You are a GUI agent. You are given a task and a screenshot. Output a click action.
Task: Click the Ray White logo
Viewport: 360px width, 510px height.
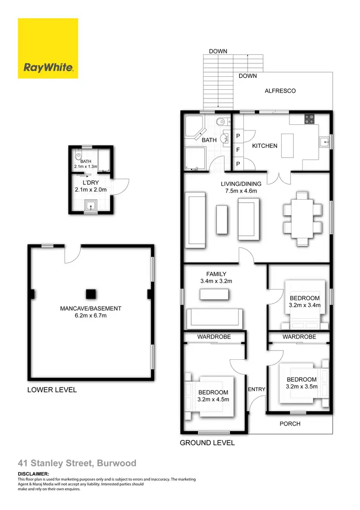coord(48,49)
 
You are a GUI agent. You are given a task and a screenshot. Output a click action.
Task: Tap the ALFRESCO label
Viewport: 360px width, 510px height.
coord(280,91)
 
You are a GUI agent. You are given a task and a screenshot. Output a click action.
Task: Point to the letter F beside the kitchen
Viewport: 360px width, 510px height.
coord(238,150)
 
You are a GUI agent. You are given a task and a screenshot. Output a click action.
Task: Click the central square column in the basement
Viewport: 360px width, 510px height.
coord(90,294)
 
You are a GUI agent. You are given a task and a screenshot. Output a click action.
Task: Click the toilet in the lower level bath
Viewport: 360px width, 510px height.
coord(78,156)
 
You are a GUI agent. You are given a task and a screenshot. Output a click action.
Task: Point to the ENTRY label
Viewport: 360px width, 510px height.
coord(256,389)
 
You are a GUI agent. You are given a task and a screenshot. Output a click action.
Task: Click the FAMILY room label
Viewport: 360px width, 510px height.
coord(216,274)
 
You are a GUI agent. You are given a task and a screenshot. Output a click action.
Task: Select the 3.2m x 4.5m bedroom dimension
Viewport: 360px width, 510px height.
coord(214,399)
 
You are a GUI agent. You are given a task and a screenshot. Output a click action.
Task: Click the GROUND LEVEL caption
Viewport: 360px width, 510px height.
coord(207,443)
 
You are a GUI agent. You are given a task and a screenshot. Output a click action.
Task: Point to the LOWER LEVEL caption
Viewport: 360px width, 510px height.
coord(52,390)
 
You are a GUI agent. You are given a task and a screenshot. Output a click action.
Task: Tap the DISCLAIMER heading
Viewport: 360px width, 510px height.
coord(33,474)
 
